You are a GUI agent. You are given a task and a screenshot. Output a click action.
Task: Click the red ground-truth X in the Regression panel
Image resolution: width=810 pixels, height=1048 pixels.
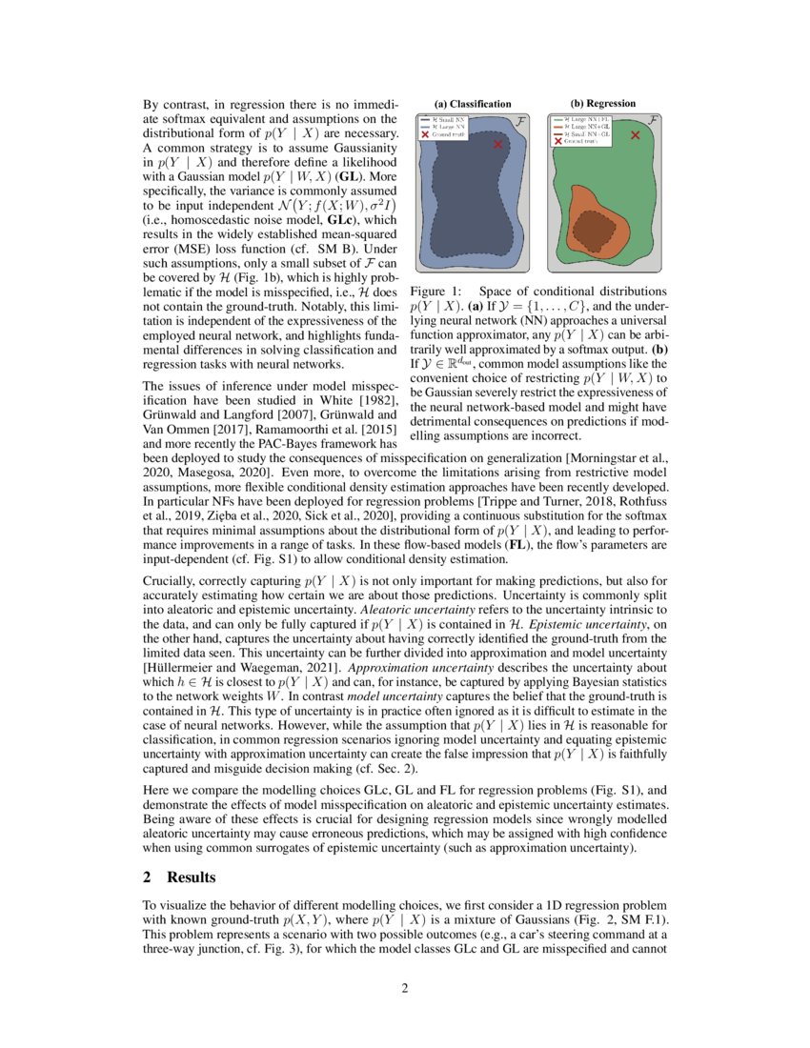[x=636, y=135]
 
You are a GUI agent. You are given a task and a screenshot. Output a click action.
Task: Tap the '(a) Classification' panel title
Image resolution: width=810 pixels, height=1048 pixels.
[x=473, y=103]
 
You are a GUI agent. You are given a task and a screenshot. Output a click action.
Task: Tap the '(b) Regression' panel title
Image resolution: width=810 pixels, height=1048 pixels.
[x=603, y=103]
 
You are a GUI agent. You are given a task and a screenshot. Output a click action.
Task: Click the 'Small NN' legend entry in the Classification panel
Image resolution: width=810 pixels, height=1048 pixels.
[x=447, y=120]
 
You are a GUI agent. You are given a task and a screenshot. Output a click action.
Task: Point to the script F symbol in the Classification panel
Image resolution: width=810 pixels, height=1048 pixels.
[x=520, y=122]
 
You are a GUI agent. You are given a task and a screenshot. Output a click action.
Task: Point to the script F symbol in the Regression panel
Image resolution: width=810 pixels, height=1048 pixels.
[x=654, y=121]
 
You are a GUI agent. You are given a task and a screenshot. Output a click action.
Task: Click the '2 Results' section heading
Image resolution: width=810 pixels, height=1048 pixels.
[x=178, y=877]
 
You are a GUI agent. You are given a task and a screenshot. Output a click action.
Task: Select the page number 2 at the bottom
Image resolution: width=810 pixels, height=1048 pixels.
[x=404, y=988]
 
